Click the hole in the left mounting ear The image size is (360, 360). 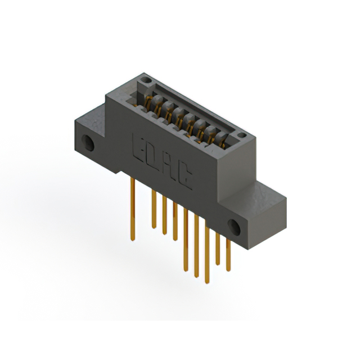tap(88, 143)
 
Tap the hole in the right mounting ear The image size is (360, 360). tap(235, 228)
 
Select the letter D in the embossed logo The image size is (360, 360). tap(152, 153)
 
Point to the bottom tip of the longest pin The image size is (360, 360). tap(196, 275)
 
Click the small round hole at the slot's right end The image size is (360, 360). tap(241, 135)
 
